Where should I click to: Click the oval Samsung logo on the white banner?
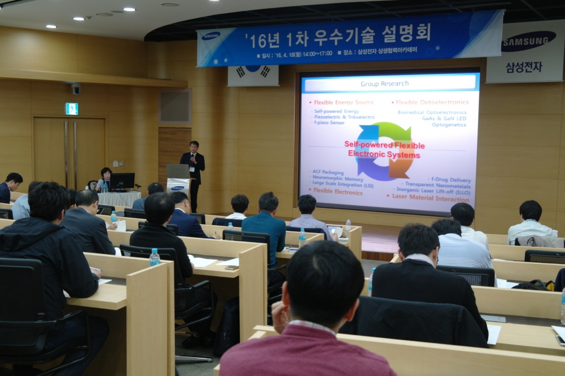[528, 41]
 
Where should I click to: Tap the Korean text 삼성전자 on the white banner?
[524, 67]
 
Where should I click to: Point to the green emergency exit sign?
[72, 109]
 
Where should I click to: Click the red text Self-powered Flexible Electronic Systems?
[384, 150]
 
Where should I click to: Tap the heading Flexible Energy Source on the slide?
[343, 102]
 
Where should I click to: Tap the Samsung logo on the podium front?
[178, 188]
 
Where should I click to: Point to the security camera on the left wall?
[76, 88]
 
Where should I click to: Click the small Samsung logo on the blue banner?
[211, 36]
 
